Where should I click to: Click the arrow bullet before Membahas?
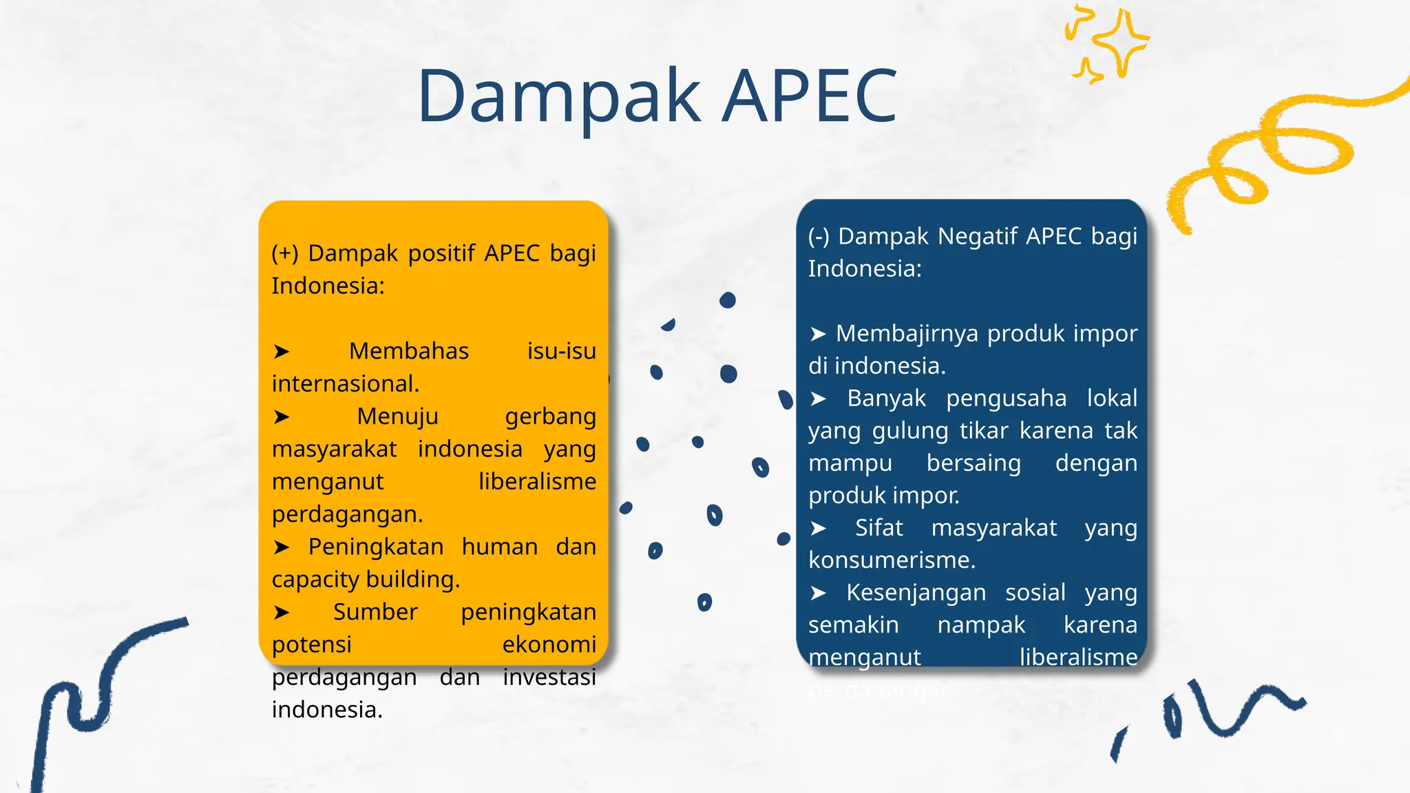pyautogui.click(x=281, y=352)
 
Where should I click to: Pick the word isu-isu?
pyautogui.click(x=561, y=351)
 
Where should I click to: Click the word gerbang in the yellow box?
pyautogui.click(x=550, y=416)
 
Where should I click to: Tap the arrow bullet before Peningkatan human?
pyautogui.click(x=281, y=547)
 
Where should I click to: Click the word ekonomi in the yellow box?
pyautogui.click(x=549, y=644)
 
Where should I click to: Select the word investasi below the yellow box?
pyautogui.click(x=549, y=677)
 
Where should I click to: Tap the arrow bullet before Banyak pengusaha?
pyautogui.click(x=818, y=399)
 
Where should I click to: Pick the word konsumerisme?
pyautogui.click(x=891, y=560)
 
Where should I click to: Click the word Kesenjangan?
pyautogui.click(x=916, y=593)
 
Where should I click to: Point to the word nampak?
pyautogui.click(x=981, y=625)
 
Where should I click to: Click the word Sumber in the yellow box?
pyautogui.click(x=375, y=612)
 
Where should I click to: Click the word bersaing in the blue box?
pyautogui.click(x=973, y=463)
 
